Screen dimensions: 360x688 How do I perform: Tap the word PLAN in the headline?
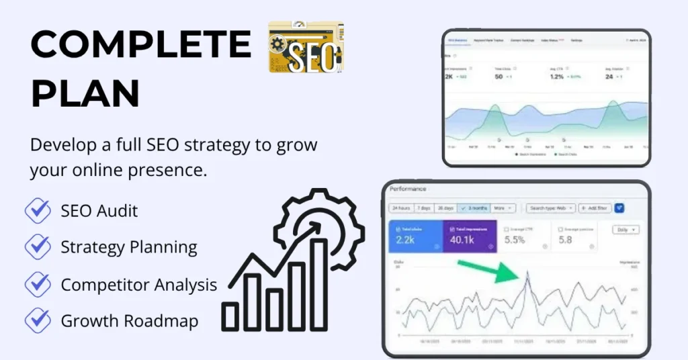85,93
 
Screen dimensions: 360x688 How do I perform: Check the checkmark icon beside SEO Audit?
38,211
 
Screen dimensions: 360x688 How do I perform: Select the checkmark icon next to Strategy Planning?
38,247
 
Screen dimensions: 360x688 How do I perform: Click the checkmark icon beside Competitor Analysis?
38,284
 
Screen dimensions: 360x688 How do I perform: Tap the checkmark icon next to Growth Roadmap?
38,320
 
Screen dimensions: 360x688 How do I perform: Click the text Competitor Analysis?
139,285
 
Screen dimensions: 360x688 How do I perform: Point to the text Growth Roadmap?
129,321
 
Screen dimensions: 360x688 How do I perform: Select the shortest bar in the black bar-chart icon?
230,316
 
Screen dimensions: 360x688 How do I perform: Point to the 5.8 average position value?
566,239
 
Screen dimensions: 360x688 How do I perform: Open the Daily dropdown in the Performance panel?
626,230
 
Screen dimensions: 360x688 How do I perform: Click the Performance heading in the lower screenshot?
408,189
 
